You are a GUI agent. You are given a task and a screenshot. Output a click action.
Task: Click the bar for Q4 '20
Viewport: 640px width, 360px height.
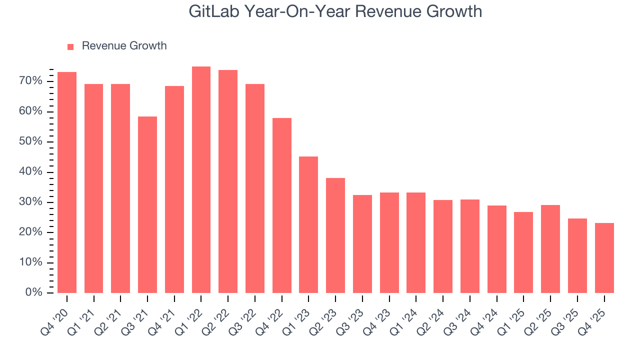67,182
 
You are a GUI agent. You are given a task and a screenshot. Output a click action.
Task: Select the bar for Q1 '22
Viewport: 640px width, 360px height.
201,179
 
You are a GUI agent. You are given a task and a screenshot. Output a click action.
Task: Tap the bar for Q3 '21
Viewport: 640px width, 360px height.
147,204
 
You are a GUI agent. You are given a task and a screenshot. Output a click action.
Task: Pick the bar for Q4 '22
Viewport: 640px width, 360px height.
282,205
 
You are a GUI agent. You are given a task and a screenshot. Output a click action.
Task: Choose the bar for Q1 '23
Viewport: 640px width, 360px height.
308,224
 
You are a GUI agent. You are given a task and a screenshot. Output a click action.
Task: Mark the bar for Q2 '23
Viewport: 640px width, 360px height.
335,235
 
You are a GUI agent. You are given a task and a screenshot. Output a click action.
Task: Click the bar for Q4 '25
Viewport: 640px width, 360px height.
604,258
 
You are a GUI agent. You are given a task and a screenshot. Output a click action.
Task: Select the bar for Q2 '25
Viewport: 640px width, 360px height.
550,249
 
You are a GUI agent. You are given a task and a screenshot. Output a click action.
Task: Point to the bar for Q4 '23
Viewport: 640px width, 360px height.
389,242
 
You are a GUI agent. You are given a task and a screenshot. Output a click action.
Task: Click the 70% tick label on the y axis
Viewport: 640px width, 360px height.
30,81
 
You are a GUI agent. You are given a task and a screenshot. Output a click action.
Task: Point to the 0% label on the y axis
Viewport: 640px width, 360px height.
33,293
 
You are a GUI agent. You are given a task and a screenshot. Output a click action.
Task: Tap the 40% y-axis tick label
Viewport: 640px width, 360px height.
30,172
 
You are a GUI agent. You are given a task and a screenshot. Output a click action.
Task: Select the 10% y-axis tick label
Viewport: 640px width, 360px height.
30,263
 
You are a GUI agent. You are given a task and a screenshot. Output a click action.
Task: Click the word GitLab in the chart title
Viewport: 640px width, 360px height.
213,11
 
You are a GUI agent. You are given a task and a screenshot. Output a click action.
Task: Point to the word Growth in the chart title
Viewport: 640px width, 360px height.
456,11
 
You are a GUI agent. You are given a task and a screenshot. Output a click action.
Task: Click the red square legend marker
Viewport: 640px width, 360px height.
70,46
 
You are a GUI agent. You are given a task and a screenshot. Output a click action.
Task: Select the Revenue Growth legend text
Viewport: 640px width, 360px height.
124,46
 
